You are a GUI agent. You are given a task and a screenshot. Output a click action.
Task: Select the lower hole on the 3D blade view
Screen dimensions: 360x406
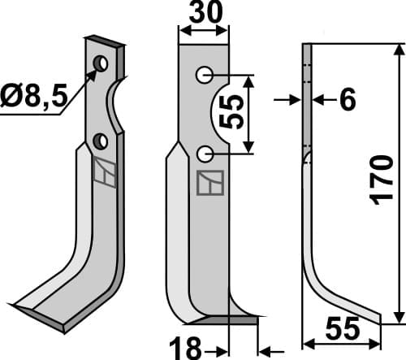pos(101,141)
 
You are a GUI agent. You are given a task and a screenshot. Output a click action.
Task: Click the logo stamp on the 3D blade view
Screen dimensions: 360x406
pos(104,171)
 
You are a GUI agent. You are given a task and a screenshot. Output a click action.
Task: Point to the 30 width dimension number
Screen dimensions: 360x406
pos(202,14)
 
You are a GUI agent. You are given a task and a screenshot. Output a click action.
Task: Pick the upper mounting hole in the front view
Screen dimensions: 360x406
pos(204,76)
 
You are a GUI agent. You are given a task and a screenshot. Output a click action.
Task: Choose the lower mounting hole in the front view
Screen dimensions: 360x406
pos(205,152)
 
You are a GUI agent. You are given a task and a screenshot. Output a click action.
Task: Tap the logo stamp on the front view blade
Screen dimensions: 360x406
pos(209,183)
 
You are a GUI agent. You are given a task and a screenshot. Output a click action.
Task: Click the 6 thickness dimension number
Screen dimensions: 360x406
pos(346,100)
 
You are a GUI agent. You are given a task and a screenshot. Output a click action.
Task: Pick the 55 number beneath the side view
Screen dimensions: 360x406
pos(342,330)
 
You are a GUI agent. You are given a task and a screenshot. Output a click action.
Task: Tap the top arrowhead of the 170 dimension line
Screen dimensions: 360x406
pos(398,49)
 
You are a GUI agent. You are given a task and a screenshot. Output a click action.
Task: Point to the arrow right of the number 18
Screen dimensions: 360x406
pos(266,349)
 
